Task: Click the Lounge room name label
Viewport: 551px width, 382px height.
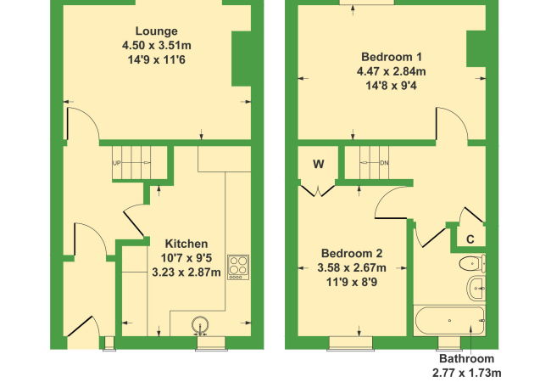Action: (x=156, y=31)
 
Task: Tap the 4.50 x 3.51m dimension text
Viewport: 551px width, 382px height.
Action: (x=156, y=45)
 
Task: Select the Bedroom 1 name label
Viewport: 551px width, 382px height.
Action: (x=392, y=57)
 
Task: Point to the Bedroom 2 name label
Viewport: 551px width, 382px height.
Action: (x=352, y=253)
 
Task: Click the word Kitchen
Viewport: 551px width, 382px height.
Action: (x=186, y=244)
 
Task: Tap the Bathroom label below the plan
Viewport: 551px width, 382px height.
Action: (x=467, y=358)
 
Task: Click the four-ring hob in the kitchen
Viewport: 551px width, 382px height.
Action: (x=238, y=267)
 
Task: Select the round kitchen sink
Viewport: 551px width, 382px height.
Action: (x=200, y=325)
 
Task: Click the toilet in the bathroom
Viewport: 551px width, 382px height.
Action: (x=472, y=263)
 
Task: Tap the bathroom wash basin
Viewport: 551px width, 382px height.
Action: (x=476, y=289)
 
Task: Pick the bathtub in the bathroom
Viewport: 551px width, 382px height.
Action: (x=450, y=320)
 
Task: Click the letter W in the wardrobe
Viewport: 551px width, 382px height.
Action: (x=319, y=164)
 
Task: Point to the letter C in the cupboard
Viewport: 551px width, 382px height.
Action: (x=470, y=239)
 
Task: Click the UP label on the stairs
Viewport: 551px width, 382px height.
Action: (x=116, y=163)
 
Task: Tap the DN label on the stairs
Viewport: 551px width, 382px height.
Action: (x=385, y=163)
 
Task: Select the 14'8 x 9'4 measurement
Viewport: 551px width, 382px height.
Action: (x=392, y=86)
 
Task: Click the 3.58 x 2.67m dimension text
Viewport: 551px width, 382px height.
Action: (x=352, y=267)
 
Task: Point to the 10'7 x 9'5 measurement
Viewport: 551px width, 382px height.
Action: (x=186, y=258)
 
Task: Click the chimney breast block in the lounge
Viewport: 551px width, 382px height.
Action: (x=242, y=59)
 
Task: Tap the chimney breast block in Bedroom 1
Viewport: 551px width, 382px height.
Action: (x=476, y=48)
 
